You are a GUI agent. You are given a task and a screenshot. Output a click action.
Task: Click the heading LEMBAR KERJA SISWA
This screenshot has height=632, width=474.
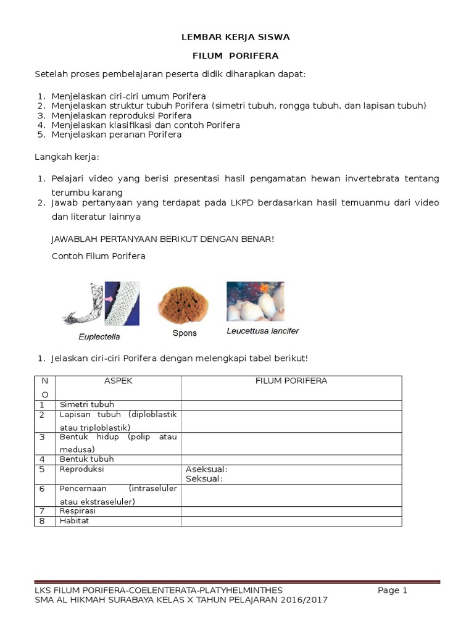coord(235,37)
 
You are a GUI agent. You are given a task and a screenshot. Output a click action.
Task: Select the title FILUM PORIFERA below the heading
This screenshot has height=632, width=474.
coord(235,56)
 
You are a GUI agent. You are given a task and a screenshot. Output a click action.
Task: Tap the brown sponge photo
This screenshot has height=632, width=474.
coord(184,304)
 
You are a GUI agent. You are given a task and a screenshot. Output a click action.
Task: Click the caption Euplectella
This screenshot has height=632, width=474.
coord(99,337)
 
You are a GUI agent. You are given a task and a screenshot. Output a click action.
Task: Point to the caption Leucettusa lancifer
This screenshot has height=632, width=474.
coord(263,331)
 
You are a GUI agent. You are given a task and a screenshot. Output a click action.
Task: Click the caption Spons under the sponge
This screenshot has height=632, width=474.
coord(185,333)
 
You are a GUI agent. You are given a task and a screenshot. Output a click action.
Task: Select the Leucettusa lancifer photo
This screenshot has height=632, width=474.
coord(256,301)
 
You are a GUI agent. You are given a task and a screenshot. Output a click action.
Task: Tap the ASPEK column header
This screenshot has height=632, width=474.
coord(118,381)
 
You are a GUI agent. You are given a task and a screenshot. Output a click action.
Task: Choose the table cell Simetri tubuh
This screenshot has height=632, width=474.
coord(87,404)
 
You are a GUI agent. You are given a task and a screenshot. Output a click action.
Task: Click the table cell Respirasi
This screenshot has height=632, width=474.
coord(78,511)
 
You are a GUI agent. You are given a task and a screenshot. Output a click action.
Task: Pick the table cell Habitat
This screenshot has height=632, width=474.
coord(75,521)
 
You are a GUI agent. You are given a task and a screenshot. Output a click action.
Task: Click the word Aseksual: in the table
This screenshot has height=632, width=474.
coord(207,470)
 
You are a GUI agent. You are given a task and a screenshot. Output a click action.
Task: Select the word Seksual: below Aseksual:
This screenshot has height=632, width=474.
coord(204,478)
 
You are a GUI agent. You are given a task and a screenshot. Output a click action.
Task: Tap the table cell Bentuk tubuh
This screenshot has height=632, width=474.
coord(87,459)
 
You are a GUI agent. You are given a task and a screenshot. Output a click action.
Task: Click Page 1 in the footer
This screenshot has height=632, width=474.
coord(393,590)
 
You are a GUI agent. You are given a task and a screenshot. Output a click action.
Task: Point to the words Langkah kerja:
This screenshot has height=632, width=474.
coord(67,158)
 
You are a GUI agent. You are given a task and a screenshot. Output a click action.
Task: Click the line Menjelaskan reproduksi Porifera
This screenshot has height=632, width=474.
coord(122,115)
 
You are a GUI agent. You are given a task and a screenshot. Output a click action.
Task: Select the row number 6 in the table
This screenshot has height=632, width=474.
coord(42,489)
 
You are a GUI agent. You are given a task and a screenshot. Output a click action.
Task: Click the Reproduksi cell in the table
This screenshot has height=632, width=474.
coord(81,469)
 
